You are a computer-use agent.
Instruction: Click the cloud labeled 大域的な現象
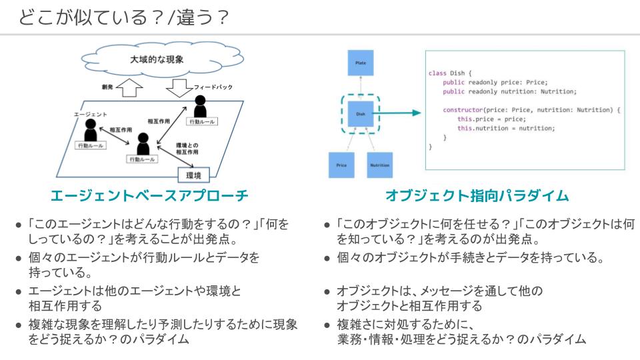(156, 59)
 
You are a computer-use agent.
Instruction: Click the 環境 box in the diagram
(197, 175)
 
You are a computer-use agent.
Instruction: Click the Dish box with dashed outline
(361, 113)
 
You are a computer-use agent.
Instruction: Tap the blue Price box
(341, 164)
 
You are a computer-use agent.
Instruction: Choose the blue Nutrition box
(381, 164)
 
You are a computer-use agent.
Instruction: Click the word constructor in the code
(469, 109)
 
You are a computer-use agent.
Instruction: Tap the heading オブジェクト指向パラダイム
(477, 196)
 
